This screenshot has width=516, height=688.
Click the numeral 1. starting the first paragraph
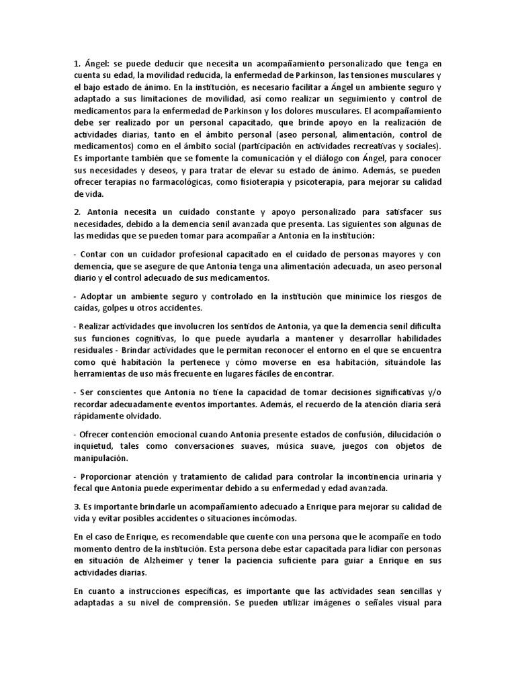(77, 63)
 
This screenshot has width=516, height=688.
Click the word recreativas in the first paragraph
(366, 145)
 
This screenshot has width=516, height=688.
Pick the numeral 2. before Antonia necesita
(77, 212)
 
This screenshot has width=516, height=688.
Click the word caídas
(83, 308)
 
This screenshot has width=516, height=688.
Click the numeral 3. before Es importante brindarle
(77, 506)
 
